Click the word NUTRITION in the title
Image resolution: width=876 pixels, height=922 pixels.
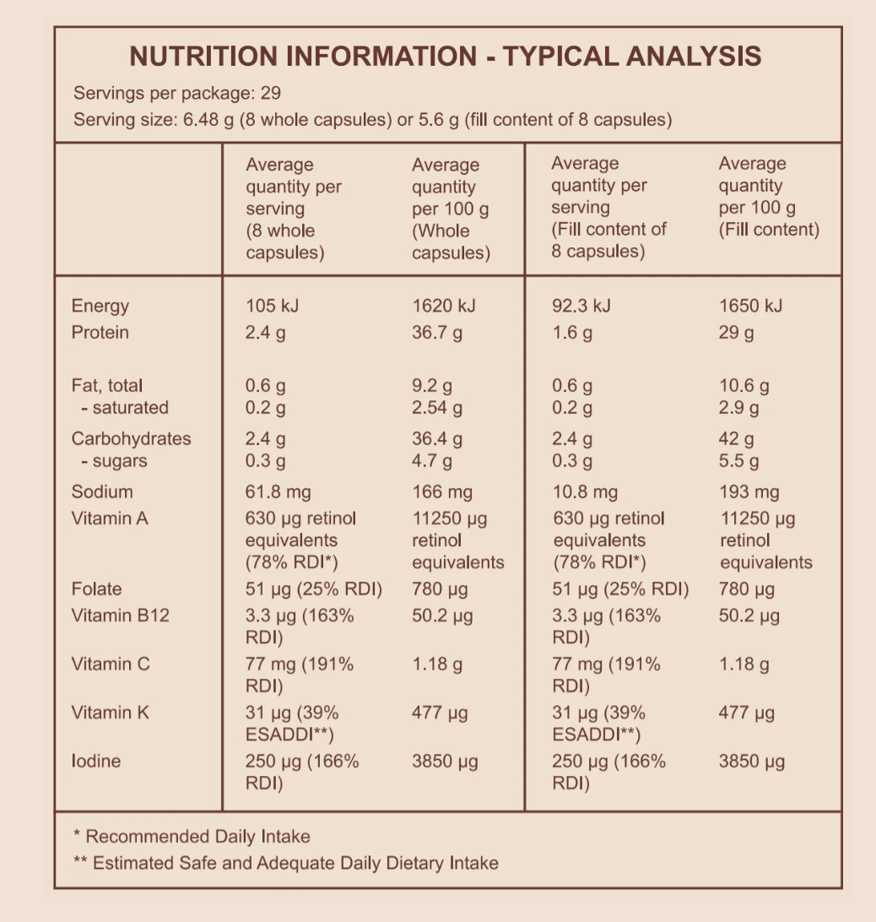203,57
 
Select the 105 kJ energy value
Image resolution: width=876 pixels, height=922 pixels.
272,306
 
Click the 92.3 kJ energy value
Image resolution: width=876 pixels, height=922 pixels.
581,306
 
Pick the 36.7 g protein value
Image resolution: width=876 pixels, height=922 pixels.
437,333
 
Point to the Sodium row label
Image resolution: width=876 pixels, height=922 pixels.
102,492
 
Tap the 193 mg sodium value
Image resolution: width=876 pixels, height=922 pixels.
749,492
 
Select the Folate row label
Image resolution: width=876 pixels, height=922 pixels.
96,589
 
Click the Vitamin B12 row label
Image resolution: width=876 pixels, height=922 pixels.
120,616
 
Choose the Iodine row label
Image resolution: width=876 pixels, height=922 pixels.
96,762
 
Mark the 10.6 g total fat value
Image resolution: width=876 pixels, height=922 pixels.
744,387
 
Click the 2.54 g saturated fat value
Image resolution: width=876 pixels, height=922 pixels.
437,408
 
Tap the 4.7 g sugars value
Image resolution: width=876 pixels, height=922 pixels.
431,461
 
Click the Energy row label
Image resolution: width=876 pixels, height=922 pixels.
100,306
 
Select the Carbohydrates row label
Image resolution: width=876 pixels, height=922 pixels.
131,439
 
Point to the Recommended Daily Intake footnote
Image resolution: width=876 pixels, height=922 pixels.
192,837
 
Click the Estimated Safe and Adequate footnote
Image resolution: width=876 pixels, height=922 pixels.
286,863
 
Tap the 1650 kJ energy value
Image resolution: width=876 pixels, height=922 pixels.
750,306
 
